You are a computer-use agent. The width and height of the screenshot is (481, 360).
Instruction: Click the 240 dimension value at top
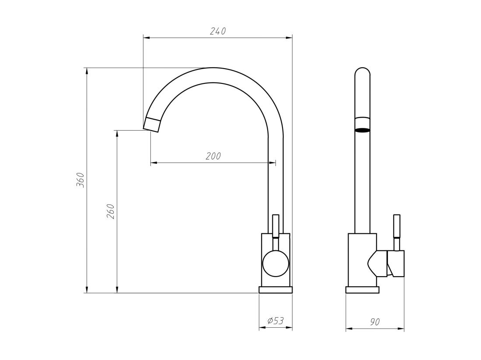tap(217, 31)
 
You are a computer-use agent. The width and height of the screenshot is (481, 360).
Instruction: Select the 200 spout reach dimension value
tap(213, 156)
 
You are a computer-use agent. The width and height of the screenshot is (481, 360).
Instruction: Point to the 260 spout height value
tap(111, 211)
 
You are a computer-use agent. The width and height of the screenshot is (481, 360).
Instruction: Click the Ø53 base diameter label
tap(275, 321)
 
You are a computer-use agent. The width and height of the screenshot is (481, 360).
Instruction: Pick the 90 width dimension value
tap(375, 322)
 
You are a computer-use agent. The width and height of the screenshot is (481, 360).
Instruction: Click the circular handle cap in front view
tap(275, 264)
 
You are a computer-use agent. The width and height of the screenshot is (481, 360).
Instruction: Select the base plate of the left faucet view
tap(275, 290)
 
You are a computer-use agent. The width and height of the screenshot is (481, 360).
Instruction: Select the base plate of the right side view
tap(362, 290)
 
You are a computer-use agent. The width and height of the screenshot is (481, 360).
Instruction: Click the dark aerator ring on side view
tap(362, 130)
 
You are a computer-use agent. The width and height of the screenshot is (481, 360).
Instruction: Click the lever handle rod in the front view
tap(275, 226)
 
